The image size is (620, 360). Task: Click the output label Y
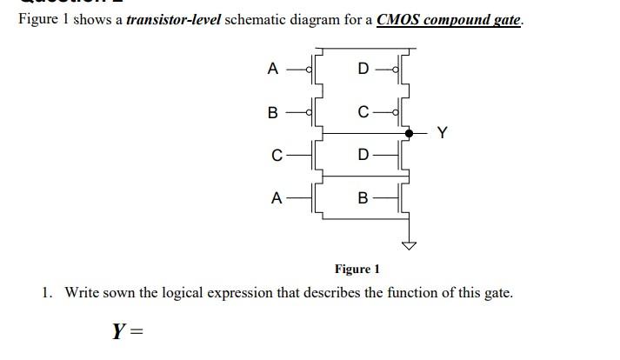(443, 133)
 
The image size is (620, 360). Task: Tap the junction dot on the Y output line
(409, 133)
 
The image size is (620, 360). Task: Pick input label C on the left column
(276, 157)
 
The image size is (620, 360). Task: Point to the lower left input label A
(275, 198)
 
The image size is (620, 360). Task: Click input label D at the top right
(363, 69)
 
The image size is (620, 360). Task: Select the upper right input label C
(363, 112)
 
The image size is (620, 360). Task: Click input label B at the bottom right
(363, 198)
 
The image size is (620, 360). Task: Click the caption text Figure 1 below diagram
(357, 270)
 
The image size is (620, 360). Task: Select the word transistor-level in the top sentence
(173, 19)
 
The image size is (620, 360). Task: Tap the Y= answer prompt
(126, 330)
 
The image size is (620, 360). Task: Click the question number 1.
(47, 292)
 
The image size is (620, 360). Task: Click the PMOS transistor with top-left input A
(317, 69)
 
